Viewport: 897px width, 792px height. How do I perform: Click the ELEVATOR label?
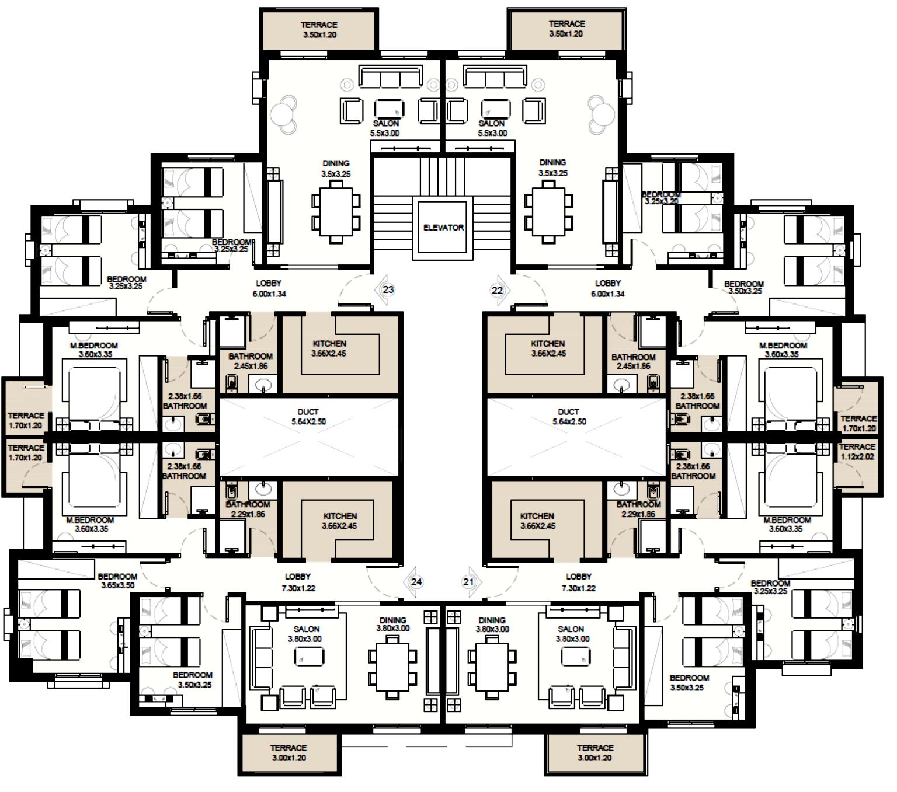click(443, 228)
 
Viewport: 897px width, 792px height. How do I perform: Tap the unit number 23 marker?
click(388, 289)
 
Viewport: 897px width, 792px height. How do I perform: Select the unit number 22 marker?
click(498, 290)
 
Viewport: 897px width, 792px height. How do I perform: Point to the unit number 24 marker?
click(416, 582)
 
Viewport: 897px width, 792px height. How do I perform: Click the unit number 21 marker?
click(468, 582)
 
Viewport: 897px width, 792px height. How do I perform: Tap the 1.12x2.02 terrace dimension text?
click(857, 457)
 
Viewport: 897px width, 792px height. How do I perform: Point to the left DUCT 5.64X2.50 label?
click(308, 417)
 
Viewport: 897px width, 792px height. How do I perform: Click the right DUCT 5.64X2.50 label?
click(568, 417)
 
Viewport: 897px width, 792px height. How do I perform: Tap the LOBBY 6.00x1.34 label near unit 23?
click(269, 288)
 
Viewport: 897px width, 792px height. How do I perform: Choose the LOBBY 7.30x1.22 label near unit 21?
click(579, 582)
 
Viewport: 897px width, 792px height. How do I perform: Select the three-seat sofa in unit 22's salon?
click(494, 76)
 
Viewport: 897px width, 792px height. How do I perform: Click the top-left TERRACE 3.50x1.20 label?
click(319, 30)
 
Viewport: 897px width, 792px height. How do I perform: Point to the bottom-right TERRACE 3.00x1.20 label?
click(595, 753)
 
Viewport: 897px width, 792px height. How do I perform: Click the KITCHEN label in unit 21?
click(537, 521)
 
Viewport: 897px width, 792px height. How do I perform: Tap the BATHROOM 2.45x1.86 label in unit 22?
click(633, 361)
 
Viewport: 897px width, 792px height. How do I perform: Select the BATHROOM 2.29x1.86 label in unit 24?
click(248, 509)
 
